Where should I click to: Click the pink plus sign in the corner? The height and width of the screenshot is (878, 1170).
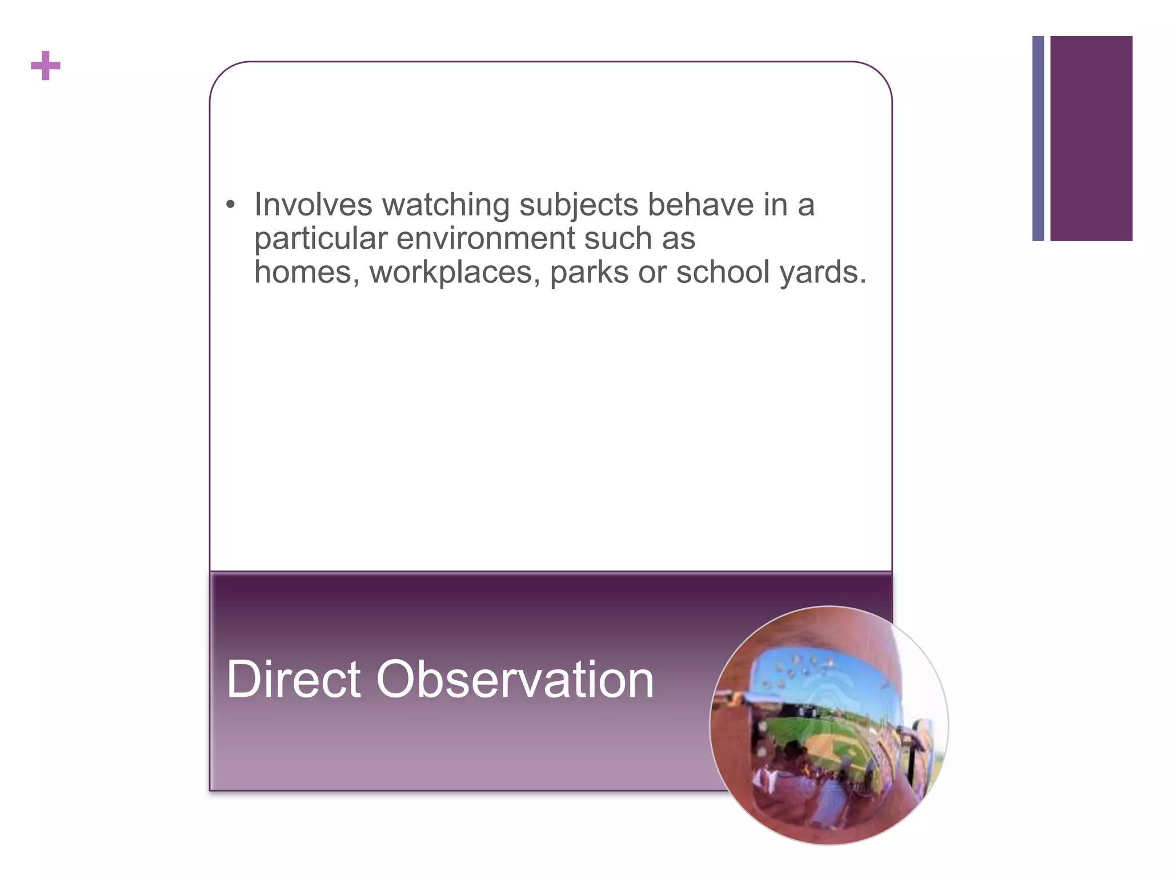46,66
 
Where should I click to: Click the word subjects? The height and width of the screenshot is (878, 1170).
578,205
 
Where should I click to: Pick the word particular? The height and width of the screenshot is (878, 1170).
320,239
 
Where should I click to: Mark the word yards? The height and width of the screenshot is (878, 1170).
823,273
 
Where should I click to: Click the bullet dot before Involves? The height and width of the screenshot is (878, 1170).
230,205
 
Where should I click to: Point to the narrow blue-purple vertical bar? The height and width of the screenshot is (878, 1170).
1038,138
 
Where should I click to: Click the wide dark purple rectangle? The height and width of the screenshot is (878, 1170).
1091,138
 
